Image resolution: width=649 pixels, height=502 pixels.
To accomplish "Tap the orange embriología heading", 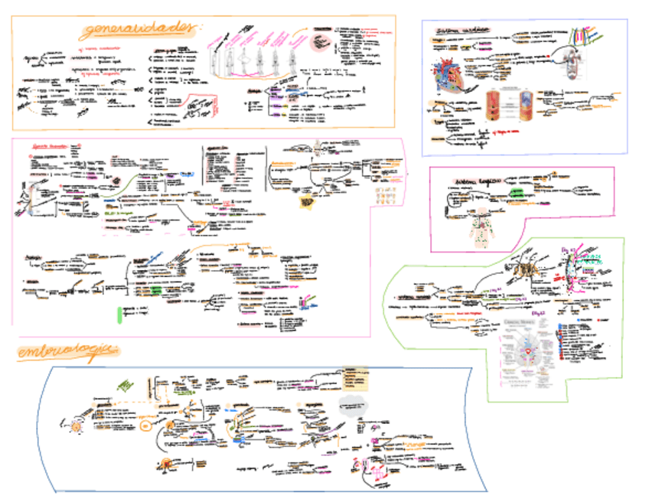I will [68, 352].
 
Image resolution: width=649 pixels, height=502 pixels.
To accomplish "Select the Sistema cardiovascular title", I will [463, 31].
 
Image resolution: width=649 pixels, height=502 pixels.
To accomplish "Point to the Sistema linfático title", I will [471, 181].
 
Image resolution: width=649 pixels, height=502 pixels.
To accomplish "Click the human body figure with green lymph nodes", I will [482, 224].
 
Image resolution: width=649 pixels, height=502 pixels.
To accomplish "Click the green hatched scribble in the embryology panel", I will [123, 385].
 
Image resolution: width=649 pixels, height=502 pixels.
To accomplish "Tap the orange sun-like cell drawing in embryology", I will [76, 425].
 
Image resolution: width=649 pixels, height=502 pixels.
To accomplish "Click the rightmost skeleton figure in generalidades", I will [292, 58].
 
